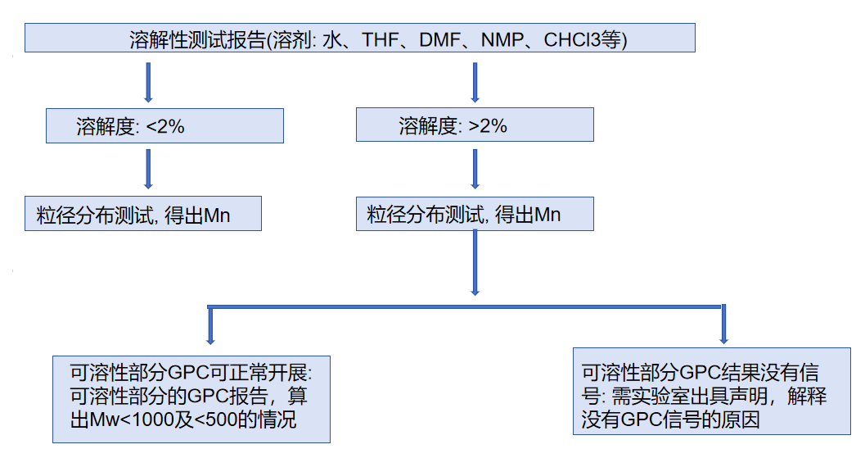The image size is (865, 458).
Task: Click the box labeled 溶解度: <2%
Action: pos(165,126)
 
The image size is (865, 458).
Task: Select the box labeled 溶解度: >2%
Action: pos(475,126)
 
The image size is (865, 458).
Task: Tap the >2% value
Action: pos(488,126)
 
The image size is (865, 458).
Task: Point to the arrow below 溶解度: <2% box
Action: pos(148,170)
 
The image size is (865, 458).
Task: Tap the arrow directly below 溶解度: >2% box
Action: pos(475,170)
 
